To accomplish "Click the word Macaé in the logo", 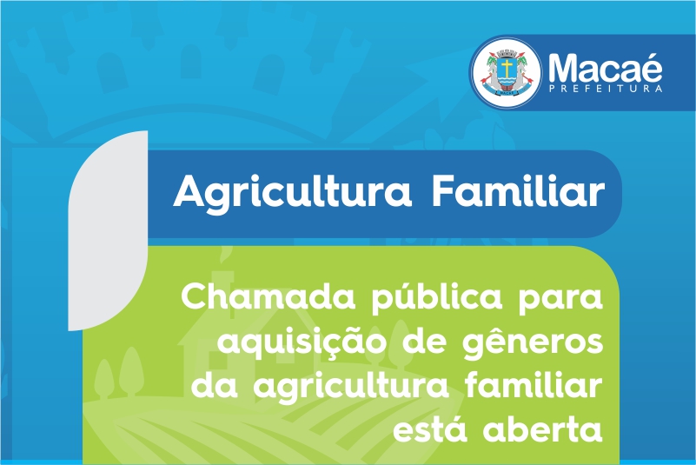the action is point(605,68).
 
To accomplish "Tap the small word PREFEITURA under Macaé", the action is point(606,89).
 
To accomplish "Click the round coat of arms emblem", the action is point(507,72).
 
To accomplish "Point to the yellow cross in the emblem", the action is point(507,68).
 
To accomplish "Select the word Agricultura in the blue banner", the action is point(293,192).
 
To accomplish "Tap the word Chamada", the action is point(268,297).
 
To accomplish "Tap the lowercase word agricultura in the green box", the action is point(352,388).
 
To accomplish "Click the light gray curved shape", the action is point(108,230).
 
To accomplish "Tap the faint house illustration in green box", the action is point(222,337).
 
